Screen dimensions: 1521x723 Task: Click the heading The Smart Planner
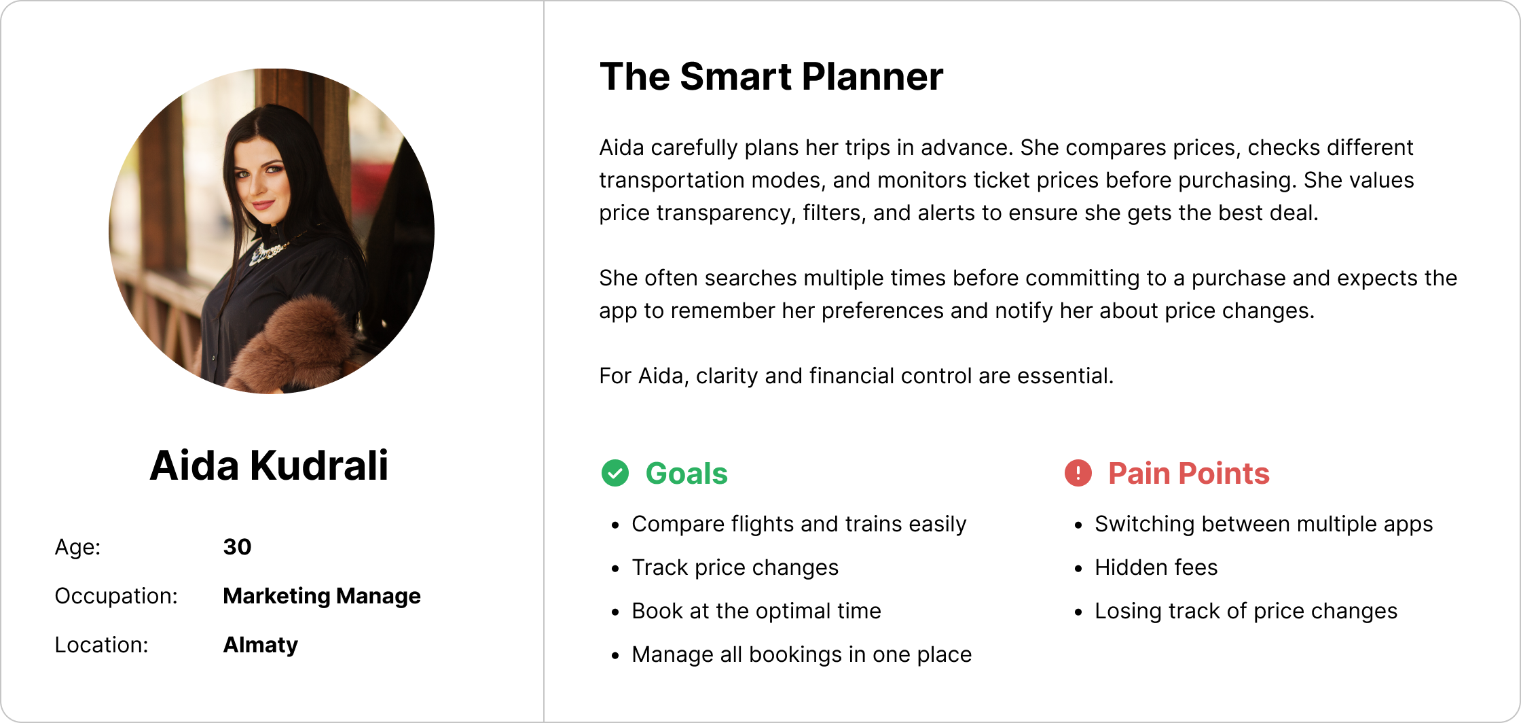click(x=771, y=76)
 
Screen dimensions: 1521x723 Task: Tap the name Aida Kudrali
click(x=270, y=465)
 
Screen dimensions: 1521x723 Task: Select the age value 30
click(x=237, y=547)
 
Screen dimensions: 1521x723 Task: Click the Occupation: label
click(x=116, y=596)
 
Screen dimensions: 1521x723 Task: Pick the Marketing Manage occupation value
click(x=322, y=596)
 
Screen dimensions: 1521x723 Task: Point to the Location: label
click(x=102, y=645)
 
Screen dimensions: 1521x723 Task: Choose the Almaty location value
click(x=261, y=646)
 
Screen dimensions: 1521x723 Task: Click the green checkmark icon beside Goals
click(x=615, y=473)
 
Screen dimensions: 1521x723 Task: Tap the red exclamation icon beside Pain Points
click(x=1078, y=473)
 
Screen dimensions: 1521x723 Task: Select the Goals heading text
click(x=686, y=474)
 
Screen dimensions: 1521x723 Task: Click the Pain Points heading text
click(x=1189, y=474)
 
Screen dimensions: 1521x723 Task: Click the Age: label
click(x=78, y=547)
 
